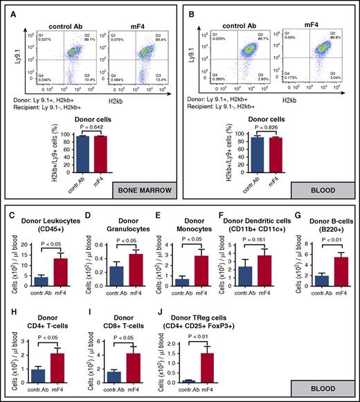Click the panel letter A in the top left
(14, 13)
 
